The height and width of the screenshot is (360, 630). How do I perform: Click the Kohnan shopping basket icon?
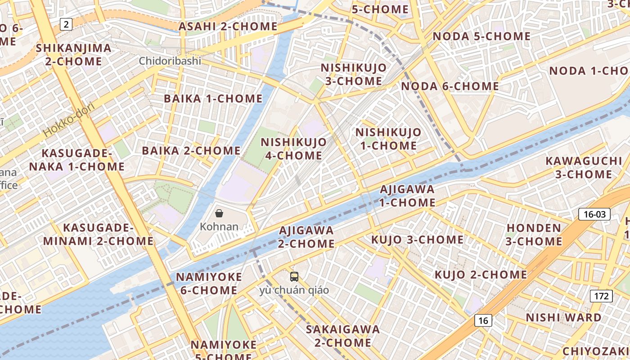coord(219,213)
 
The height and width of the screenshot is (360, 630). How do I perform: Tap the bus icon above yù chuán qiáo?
coord(294,276)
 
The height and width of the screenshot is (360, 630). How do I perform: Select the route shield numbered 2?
coord(66,24)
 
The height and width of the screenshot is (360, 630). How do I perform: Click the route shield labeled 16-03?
coord(594,214)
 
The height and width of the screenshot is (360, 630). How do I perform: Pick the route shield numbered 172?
coord(601,296)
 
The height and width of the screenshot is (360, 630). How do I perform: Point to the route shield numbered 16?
coord(483,320)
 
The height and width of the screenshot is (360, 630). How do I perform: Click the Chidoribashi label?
coord(170,61)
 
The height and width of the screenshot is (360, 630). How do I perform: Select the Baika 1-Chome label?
coord(213,99)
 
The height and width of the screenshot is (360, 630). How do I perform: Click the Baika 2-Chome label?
coord(191,150)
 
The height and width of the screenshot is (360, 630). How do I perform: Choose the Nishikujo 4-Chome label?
coord(294,149)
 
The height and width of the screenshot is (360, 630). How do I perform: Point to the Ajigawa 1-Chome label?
coord(407,196)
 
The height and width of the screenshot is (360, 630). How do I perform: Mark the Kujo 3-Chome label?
coord(417,240)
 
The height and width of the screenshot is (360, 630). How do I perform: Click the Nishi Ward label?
coord(563,318)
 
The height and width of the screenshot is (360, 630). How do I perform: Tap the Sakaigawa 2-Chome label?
coord(343,336)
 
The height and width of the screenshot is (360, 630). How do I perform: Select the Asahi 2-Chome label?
coord(228,26)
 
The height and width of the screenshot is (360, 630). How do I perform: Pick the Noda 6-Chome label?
coord(450,86)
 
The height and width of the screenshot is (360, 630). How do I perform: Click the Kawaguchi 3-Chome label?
coord(584,167)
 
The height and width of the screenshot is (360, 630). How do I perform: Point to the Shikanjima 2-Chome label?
coord(73,54)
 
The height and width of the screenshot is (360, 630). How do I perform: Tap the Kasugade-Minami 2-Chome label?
coord(99,234)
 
